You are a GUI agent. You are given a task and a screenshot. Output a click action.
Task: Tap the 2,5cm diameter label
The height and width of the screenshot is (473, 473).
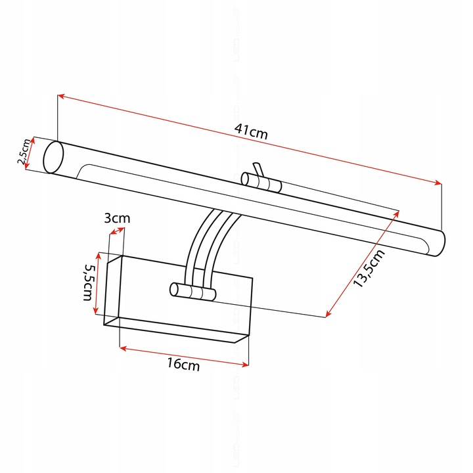22,152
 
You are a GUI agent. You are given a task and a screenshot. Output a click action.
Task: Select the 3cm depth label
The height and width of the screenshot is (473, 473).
118,217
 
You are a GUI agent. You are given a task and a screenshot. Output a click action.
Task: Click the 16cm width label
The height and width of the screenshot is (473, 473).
184,366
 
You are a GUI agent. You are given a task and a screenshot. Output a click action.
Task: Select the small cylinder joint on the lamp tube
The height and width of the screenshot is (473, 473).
261,182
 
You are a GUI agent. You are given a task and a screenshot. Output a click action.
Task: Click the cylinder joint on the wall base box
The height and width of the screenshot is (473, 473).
192,292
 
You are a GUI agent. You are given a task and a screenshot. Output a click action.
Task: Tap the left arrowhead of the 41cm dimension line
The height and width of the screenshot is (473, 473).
60,97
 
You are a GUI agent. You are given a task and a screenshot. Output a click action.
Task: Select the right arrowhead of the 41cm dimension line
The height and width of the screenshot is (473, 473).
438,184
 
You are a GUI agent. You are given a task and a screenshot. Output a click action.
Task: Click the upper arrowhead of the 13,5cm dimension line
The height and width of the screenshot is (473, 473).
397,214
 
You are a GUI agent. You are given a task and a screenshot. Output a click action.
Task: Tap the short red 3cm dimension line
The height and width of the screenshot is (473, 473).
118,230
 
